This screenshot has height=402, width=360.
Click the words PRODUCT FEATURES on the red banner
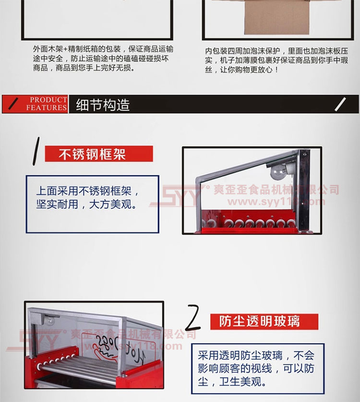tap(47, 104)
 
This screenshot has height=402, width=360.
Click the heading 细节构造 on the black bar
tap(103, 105)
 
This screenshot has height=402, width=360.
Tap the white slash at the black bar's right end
tap(340, 104)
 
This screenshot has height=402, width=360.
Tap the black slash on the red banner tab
tap(13, 104)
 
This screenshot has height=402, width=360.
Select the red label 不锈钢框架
tap(99, 154)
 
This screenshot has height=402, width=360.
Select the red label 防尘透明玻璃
tap(264, 321)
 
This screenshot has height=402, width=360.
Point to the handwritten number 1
tap(36, 151)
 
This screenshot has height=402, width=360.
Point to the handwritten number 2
tap(193, 317)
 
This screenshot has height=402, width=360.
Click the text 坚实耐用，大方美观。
tap(86, 204)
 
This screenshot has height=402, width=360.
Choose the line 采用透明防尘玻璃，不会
tap(256, 355)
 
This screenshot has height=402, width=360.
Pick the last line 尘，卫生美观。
tap(232, 381)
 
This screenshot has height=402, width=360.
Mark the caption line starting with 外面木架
tap(103, 49)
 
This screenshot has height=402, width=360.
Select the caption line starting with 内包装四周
tap(276, 51)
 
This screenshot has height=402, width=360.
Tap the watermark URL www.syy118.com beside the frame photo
tap(276, 202)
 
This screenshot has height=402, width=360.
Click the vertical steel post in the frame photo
tap(304, 191)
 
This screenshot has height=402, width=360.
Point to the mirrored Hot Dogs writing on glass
tap(120, 349)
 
